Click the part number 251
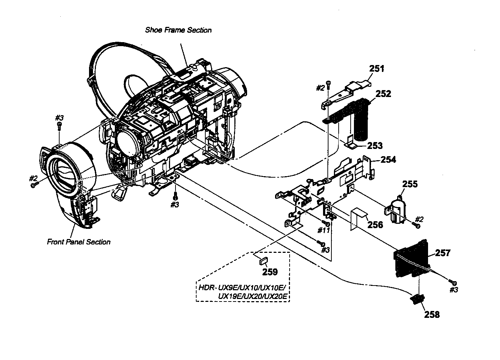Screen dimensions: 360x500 point(376,68)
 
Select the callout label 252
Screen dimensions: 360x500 point(383,94)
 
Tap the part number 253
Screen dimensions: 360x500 point(375,146)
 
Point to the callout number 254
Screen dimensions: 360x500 point(388,159)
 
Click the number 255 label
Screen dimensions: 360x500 point(410,184)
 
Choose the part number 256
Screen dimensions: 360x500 point(375,225)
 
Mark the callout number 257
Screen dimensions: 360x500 point(443,253)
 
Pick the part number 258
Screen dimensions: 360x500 point(432,315)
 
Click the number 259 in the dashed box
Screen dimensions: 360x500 point(270,272)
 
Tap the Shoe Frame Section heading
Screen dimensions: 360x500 point(178,30)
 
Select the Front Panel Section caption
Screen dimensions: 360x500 point(78,242)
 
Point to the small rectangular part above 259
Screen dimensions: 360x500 point(263,260)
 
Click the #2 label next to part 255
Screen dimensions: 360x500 point(419,219)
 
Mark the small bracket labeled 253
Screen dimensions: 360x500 point(352,143)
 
